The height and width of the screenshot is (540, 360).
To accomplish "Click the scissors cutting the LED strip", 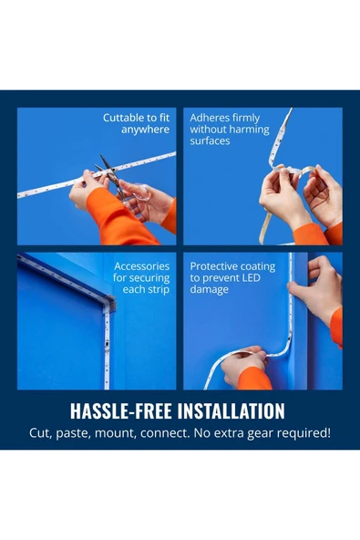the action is point(112,176).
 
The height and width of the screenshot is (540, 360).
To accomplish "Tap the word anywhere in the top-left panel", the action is point(145,130).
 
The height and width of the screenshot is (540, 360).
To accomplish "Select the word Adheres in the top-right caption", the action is point(209,118).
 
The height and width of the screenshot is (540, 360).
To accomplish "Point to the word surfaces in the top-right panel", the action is point(210,140).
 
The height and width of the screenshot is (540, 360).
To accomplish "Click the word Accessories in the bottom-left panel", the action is point(142,266).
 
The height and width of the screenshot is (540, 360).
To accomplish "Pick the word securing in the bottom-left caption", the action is point(149,278).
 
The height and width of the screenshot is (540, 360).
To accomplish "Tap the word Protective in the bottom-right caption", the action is point(211,266).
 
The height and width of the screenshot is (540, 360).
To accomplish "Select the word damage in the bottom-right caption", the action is point(210,290).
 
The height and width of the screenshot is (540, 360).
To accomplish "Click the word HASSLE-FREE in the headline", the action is point(121,410).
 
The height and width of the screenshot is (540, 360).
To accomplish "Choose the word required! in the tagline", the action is point(303,433).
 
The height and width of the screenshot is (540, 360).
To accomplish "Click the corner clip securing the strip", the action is point(109,305).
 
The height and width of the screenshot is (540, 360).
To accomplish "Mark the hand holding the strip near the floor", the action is point(244,366).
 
